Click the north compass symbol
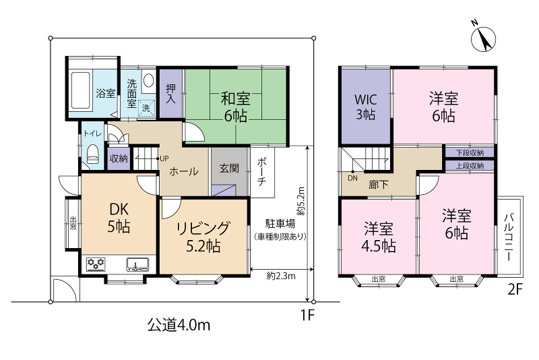pos(483,38)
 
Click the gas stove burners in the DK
pos(96,264)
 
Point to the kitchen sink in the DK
pos(137,264)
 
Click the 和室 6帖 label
pos(235,107)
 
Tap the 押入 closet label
pos(171,94)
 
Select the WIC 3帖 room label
pos(365,107)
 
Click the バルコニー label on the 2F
pos(509,237)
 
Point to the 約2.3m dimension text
pos(281,276)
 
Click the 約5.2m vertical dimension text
pos(300,201)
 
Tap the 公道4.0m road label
pos(179,325)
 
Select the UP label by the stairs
pos(164,158)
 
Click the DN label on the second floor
pos(352,178)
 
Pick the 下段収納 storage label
pos(470,152)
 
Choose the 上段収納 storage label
pos(470,166)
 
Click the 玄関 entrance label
pos(229,168)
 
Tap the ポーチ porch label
pos(262,172)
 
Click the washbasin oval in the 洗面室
pos(148,81)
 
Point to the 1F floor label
pos(308,315)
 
